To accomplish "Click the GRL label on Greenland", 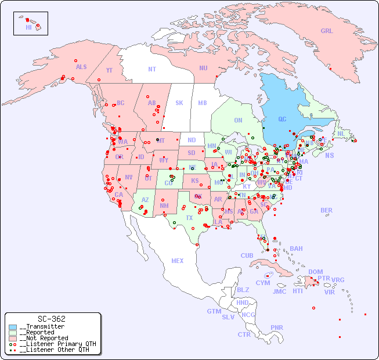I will [327, 31].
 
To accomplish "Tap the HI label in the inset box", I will [28, 27].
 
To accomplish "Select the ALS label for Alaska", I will [81, 67].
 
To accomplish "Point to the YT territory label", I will [109, 70].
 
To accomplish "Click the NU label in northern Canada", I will [203, 68].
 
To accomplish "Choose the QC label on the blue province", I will [282, 119].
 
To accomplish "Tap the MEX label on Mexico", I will [178, 261].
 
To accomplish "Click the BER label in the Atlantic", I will [327, 210].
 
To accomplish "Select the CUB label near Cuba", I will [247, 255].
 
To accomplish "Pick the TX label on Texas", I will [189, 218].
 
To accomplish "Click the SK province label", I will [179, 103].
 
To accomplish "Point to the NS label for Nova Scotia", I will [329, 155].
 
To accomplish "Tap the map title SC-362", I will [52, 319].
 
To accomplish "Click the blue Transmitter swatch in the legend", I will [13, 327].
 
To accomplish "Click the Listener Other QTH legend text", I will [55, 350].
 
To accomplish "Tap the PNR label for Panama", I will [277, 327].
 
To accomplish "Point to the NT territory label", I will [151, 69].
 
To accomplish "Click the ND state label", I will [192, 140].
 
